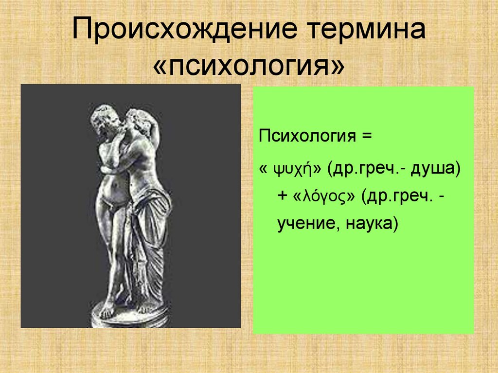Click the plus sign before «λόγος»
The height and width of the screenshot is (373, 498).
coord(283,196)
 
